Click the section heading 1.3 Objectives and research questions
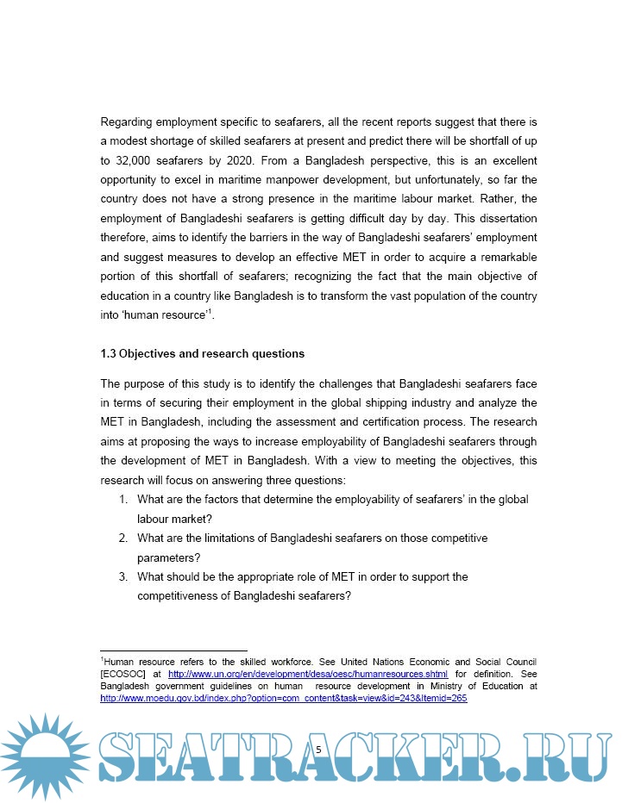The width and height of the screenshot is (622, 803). [203, 353]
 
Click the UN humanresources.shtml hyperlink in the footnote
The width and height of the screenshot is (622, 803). [308, 674]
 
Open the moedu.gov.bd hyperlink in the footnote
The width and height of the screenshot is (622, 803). [284, 698]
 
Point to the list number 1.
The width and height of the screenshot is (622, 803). [123, 500]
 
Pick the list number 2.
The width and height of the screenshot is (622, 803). [123, 538]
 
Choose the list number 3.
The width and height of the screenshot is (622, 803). [123, 576]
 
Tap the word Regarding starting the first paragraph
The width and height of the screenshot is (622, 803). [129, 121]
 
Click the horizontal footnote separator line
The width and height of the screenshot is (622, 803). [173, 650]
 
